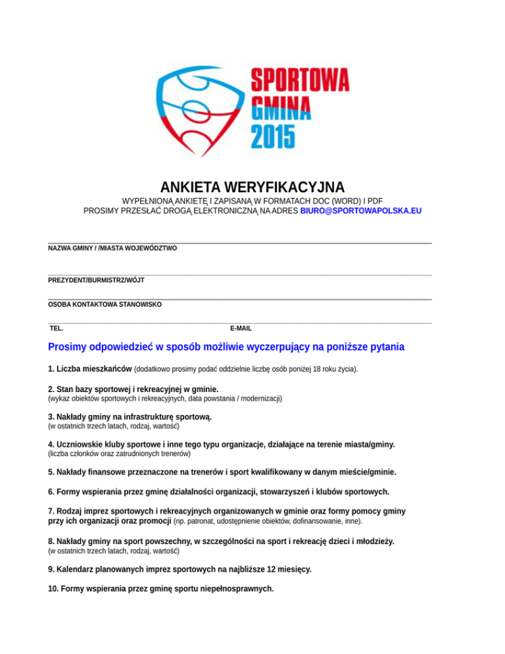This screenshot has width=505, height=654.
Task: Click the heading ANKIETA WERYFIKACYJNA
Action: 252,187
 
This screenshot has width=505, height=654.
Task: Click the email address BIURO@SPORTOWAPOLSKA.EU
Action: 361,211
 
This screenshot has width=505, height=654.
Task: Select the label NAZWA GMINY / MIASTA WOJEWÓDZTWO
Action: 112,248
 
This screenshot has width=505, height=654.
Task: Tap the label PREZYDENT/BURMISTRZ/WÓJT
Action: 96,280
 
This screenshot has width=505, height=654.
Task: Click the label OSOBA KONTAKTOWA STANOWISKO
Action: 105,305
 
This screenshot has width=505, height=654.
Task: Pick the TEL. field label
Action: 57,328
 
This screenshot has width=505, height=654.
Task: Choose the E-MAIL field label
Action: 241,328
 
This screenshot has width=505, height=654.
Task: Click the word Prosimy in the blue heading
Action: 69,347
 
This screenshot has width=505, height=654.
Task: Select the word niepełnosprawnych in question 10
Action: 233,589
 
